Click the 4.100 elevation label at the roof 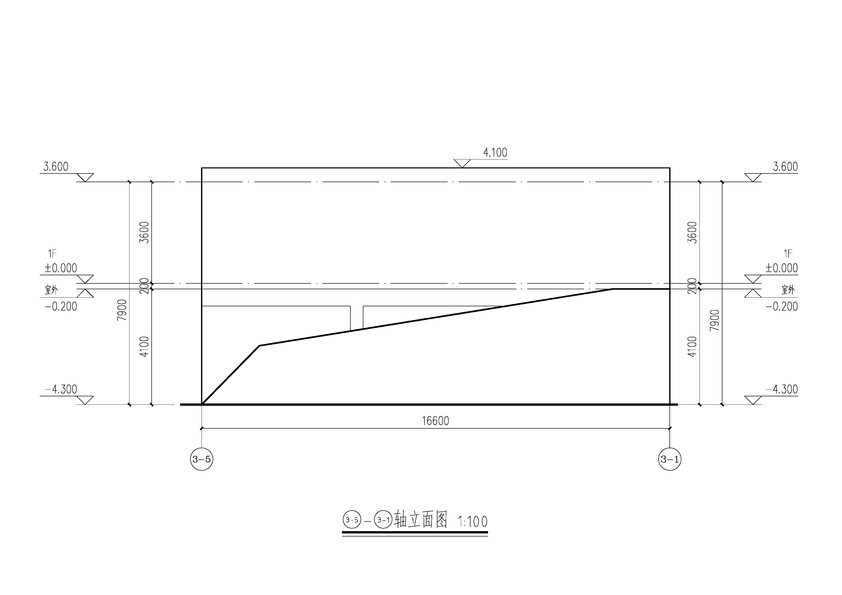(x=495, y=153)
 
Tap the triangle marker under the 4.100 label (x=462, y=163)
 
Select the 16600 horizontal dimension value (x=435, y=421)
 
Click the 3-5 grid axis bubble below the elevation (x=201, y=459)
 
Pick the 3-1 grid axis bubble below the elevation (x=670, y=459)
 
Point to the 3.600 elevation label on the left (x=56, y=167)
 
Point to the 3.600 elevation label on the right (x=786, y=167)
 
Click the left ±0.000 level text (x=61, y=268)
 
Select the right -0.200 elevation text (x=781, y=307)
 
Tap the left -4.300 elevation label (x=61, y=389)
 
